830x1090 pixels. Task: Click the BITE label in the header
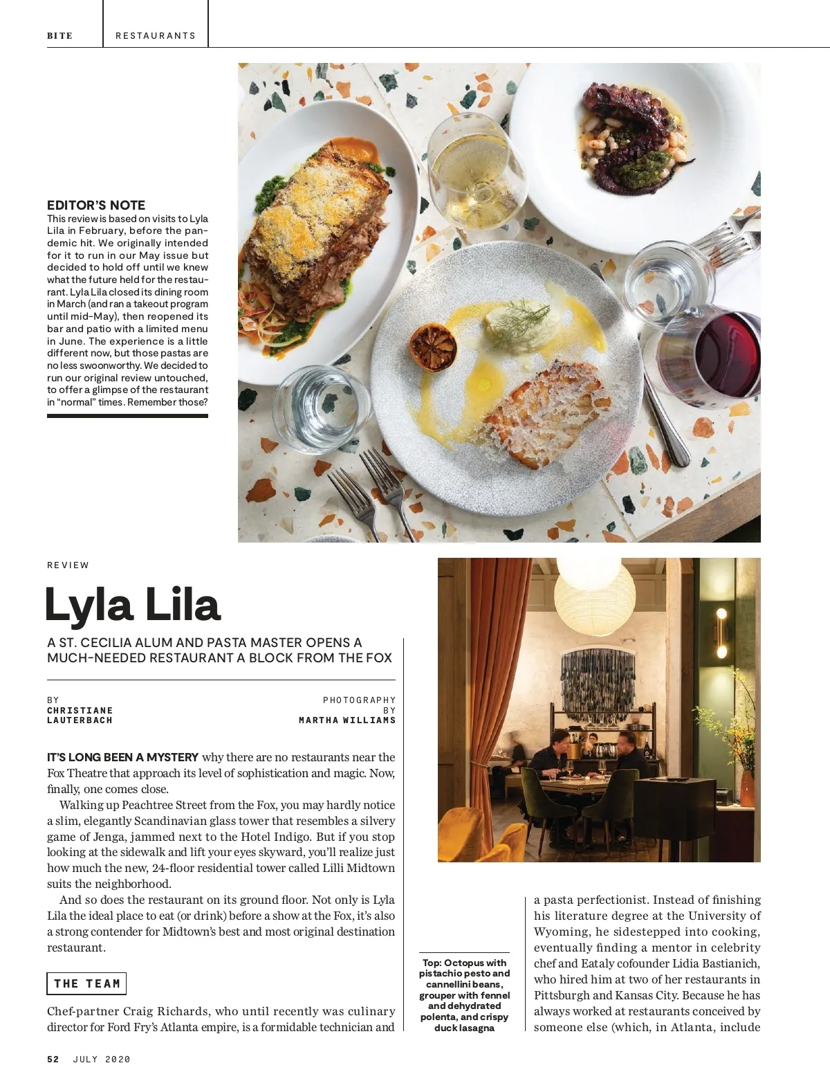pos(59,35)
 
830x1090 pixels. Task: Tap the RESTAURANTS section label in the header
pos(156,35)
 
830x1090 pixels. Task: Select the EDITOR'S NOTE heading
pos(96,205)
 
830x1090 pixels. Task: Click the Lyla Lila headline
pos(132,605)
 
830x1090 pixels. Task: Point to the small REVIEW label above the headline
pos(68,565)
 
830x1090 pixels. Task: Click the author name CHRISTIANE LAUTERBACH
pos(80,716)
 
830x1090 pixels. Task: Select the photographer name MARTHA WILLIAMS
pos(347,720)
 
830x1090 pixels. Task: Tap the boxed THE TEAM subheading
pos(87,983)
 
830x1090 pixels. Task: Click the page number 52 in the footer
pos(53,1059)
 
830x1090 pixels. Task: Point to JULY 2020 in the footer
pos(102,1059)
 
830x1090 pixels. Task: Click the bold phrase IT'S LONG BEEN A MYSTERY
pos(122,757)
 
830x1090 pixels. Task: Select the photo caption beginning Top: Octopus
pos(464,994)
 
